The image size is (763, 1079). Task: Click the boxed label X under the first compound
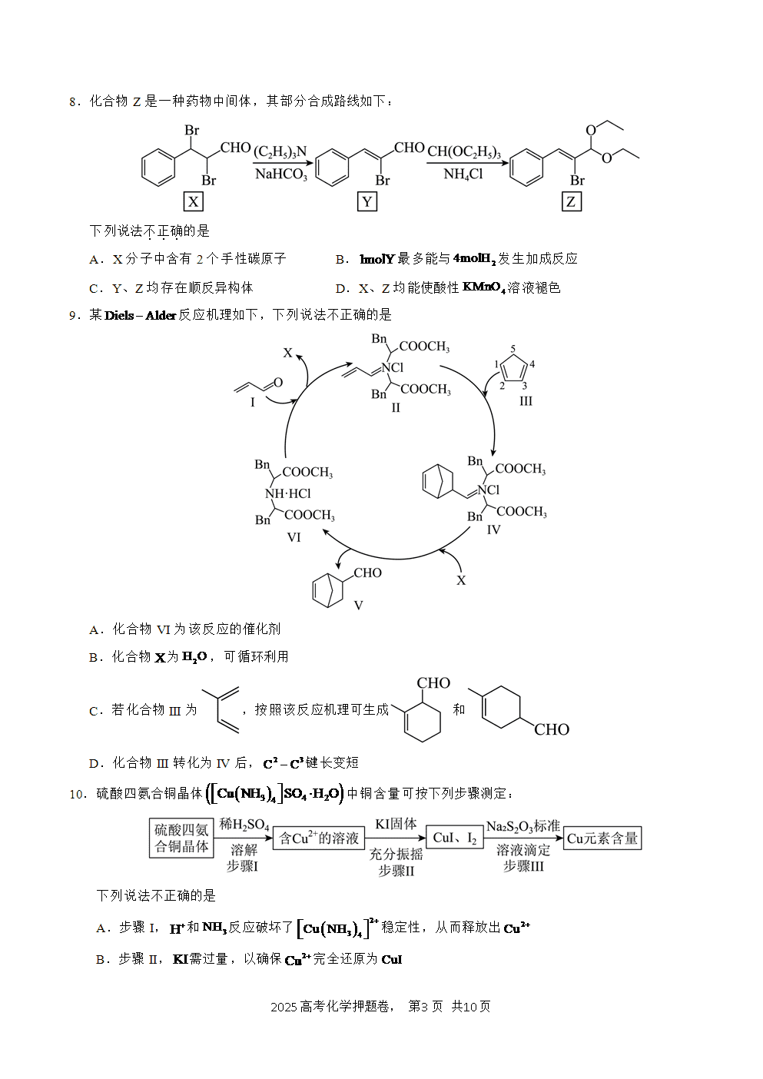click(193, 201)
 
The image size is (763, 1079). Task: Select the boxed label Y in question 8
click(367, 201)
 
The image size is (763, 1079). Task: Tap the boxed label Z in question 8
click(571, 201)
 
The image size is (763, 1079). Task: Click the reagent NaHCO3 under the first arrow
click(280, 174)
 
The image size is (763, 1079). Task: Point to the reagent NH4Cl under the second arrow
click(463, 174)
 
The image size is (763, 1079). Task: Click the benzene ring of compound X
click(158, 168)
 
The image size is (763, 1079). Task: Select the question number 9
click(75, 316)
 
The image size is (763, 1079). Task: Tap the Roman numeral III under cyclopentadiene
click(526, 400)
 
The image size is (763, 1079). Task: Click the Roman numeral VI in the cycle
click(294, 537)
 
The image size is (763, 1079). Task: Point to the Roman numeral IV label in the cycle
click(493, 530)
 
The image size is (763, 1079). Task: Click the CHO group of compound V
click(367, 573)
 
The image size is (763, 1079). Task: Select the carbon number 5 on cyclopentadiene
click(513, 348)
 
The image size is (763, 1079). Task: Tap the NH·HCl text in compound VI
click(287, 493)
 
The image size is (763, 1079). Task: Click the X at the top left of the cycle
click(287, 353)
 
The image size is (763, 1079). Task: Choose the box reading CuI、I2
click(455, 838)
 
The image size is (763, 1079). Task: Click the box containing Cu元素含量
click(602, 838)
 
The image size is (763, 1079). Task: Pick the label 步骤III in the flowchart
click(523, 866)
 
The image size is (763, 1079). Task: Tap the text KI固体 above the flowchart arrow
click(396, 824)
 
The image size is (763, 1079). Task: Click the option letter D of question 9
click(94, 763)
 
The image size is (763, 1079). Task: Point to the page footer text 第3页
click(426, 1006)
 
